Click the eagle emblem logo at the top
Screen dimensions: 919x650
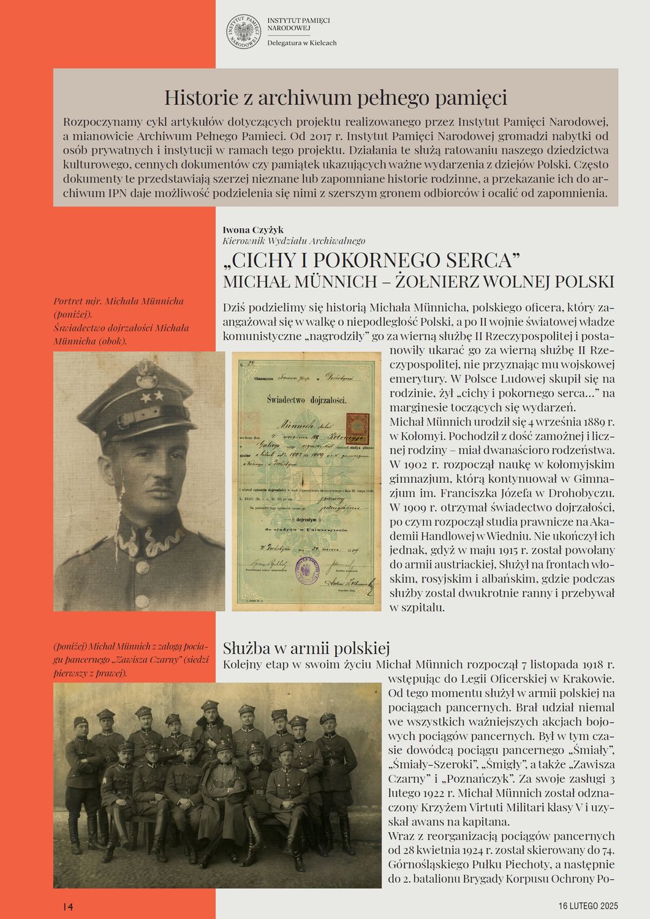tap(243, 32)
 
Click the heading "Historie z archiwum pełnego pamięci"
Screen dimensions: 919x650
tap(335, 97)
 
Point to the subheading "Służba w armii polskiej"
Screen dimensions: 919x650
tap(306, 648)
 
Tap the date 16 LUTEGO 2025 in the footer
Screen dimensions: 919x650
tap(588, 906)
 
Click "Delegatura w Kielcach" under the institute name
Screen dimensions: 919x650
tap(301, 43)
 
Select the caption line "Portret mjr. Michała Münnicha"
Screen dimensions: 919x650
tap(118, 301)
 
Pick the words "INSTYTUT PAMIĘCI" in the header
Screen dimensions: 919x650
tap(298, 21)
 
